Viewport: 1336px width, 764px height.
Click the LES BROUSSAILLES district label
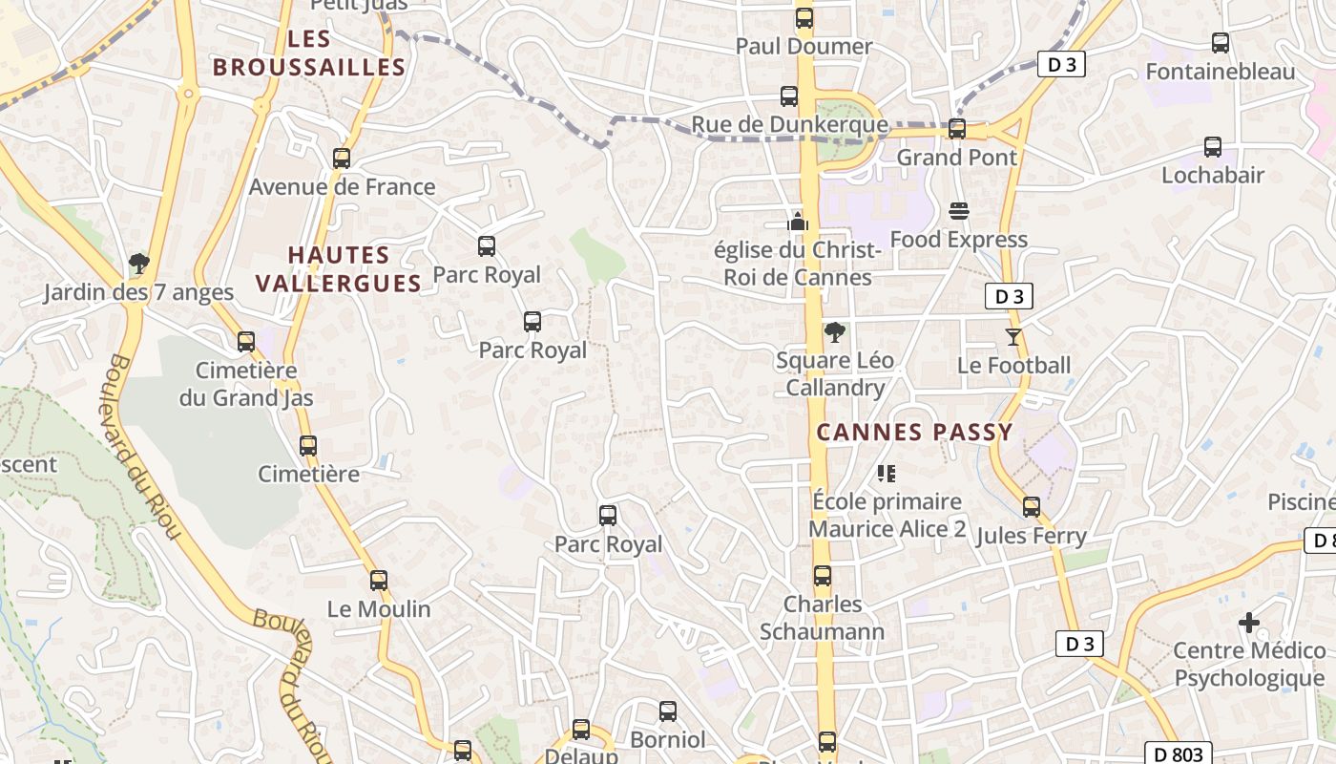(308, 53)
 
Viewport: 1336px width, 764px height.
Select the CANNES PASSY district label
(914, 433)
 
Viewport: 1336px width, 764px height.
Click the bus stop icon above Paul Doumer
(804, 18)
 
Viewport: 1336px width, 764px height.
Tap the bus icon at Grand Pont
(956, 129)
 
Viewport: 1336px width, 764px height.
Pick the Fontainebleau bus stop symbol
(1221, 43)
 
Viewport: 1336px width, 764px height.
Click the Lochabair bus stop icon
(1213, 147)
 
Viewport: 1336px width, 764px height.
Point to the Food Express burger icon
(959, 211)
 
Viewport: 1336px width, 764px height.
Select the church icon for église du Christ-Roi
(798, 223)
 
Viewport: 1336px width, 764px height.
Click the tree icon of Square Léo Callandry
(835, 332)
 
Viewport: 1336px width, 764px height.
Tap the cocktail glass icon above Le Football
(1012, 337)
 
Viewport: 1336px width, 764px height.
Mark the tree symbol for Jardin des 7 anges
(139, 264)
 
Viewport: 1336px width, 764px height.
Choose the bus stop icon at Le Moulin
(379, 581)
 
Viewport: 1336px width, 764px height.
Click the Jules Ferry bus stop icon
(1032, 507)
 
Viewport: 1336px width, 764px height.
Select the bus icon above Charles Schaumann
(823, 576)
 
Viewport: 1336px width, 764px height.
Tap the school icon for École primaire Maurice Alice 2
(887, 473)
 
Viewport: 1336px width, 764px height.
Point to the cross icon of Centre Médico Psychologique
(1249, 623)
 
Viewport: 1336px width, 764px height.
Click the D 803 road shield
(1178, 753)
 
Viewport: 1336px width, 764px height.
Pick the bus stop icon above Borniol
(668, 711)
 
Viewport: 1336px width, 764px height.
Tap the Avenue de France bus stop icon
(342, 159)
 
